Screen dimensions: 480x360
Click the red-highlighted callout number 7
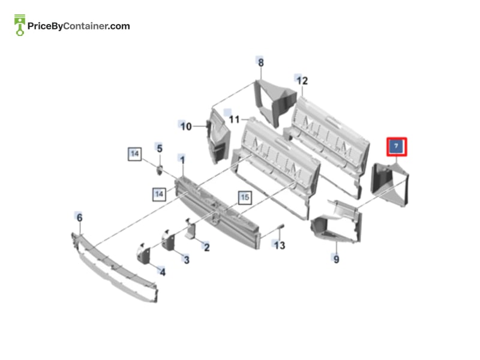tap(397, 146)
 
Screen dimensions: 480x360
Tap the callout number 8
tap(260, 62)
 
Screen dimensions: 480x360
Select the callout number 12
tap(302, 80)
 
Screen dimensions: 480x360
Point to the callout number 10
tap(186, 127)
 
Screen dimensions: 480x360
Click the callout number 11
tap(234, 119)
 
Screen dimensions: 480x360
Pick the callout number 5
tap(160, 148)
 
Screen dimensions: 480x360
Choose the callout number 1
tap(182, 160)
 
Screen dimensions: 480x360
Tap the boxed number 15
tap(245, 197)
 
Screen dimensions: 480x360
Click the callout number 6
tap(79, 217)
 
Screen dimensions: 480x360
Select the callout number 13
tap(279, 245)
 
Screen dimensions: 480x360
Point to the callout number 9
tap(336, 259)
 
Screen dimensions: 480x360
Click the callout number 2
tap(207, 247)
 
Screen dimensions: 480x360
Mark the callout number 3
tap(187, 260)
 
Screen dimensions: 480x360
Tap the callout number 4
tap(163, 272)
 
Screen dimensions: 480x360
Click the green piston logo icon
tap(20, 25)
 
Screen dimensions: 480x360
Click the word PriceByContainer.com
tap(79, 26)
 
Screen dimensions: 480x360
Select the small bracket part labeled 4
tap(143, 254)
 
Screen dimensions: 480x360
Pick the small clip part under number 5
tap(160, 170)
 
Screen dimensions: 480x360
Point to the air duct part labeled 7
tap(389, 184)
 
